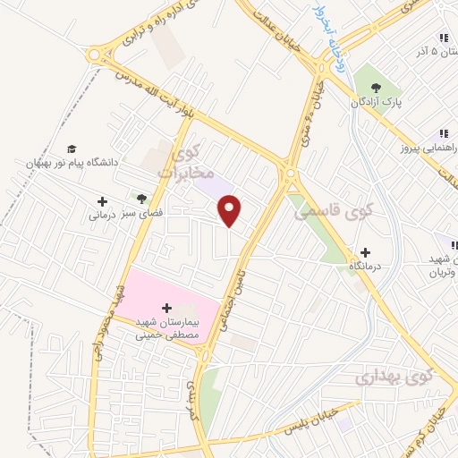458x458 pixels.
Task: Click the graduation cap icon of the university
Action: tap(72, 148)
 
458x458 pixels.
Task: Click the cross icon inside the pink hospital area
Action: tap(166, 308)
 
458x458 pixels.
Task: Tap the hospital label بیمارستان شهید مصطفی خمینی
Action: tap(164, 328)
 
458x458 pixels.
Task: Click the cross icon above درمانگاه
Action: tap(364, 252)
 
